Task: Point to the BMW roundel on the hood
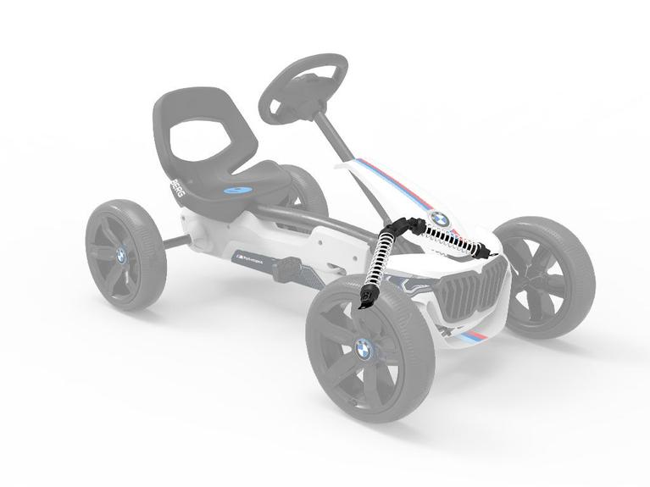point(438,218)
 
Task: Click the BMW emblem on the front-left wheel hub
point(364,348)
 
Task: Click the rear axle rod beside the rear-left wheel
point(177,241)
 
